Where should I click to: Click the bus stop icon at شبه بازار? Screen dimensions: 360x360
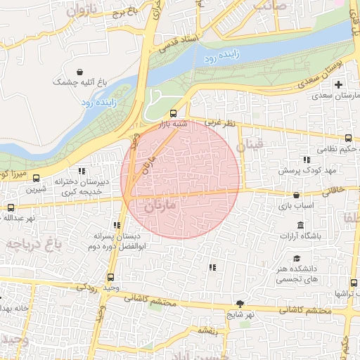coord(174,113)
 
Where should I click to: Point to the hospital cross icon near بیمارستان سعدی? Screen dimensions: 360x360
coord(338,84)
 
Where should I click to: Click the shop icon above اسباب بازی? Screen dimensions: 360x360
coord(295,195)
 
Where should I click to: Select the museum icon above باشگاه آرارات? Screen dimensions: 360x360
coord(301,225)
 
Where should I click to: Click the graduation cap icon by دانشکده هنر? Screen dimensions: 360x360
coord(297,258)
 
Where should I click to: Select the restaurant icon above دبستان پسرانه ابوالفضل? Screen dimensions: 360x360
coord(117,225)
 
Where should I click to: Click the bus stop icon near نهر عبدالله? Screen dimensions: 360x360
coord(11,207)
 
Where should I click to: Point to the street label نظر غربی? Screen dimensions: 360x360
coord(219,123)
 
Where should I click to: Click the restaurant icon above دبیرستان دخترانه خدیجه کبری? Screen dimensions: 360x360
coord(82,171)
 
